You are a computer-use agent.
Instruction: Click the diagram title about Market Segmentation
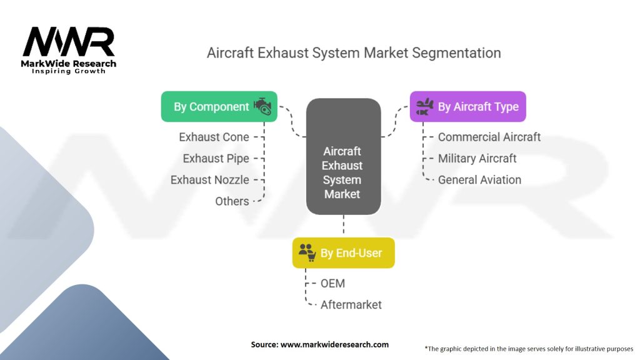click(354, 53)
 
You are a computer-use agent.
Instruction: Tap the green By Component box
click(219, 107)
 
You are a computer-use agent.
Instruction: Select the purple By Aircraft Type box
click(467, 107)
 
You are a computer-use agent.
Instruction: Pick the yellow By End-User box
click(343, 252)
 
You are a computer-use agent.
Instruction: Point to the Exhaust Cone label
click(214, 137)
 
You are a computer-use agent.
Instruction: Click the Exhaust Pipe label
click(216, 158)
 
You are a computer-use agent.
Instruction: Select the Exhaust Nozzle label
click(210, 179)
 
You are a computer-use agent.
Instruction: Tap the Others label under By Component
click(232, 201)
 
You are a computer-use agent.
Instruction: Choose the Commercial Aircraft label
click(489, 137)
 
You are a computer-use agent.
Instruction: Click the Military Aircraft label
click(477, 158)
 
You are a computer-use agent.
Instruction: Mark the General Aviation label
click(479, 179)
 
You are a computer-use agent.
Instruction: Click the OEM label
click(332, 283)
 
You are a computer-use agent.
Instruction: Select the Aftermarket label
click(351, 304)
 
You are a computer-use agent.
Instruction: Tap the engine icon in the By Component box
click(262, 106)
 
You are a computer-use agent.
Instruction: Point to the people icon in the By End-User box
click(307, 252)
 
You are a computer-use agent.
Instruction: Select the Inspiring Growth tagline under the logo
click(69, 71)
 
